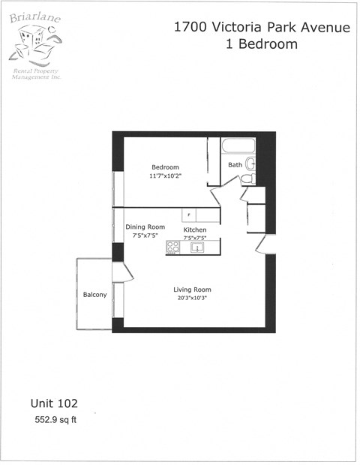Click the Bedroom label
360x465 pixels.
[x=165, y=166]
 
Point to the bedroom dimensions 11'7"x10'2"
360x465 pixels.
[x=166, y=175]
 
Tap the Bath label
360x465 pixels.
[x=235, y=165]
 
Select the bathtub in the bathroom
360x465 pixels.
[x=238, y=145]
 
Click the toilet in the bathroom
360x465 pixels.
[x=247, y=179]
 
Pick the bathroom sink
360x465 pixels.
[x=250, y=163]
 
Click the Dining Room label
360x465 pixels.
[x=145, y=226]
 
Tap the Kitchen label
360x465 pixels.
[x=195, y=229]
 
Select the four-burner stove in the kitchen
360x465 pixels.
[x=173, y=246]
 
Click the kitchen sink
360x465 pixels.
[x=198, y=246]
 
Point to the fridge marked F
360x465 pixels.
[x=190, y=215]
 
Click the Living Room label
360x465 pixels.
[x=192, y=289]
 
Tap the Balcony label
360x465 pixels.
[x=94, y=295]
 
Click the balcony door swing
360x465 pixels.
[x=124, y=273]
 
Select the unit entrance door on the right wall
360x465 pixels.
[x=262, y=244]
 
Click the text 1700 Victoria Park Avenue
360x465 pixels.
[x=262, y=28]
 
